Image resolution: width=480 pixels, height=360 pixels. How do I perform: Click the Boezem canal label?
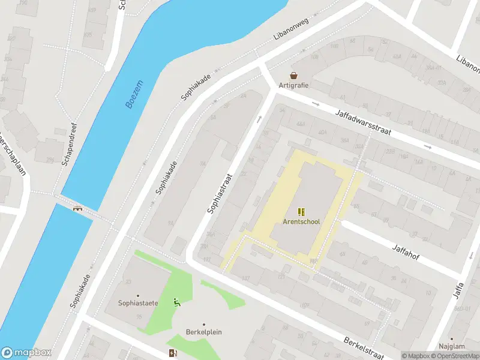[135, 94]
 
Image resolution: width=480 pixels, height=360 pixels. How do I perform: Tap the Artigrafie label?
[293, 85]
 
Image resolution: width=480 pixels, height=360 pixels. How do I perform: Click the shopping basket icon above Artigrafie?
[294, 76]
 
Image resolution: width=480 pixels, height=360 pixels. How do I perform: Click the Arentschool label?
[301, 221]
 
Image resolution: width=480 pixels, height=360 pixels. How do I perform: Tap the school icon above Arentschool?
[301, 212]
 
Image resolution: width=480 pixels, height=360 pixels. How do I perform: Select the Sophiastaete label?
[138, 303]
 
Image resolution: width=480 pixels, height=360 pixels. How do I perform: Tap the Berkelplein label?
[203, 333]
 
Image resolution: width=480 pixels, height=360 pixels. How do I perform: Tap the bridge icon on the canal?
[77, 209]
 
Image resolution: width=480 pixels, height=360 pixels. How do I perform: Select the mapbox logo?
[26, 353]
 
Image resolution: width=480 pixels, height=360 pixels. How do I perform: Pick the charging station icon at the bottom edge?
[173, 353]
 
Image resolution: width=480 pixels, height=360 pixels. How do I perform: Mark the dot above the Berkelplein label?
[203, 325]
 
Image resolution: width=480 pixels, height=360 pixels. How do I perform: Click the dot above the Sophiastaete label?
[138, 295]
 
